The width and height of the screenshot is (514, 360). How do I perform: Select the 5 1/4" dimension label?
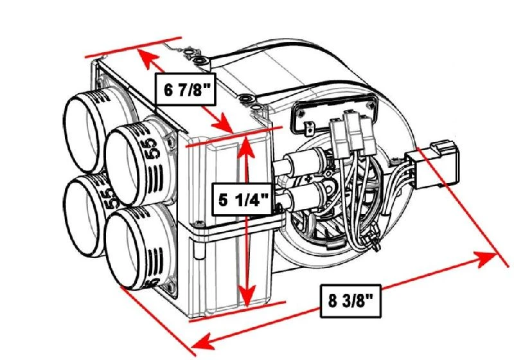point(242,199)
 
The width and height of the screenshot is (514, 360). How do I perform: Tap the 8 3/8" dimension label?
point(351,300)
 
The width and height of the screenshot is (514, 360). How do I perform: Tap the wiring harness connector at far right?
point(437,164)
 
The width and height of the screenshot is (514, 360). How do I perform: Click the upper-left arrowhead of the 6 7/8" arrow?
point(146,59)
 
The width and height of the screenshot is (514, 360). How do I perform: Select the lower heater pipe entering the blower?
point(302,196)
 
